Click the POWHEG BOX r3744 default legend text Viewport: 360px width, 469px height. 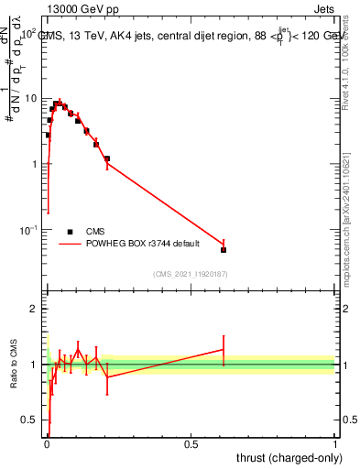[139, 245]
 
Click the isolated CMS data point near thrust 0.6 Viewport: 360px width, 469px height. [224, 249]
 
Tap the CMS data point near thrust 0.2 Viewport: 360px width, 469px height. [107, 158]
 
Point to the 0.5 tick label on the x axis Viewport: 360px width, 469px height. [191, 443]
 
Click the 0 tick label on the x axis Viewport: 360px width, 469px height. [47, 443]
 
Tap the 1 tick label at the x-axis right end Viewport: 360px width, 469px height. [334, 443]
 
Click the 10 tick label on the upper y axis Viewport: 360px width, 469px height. [30, 98]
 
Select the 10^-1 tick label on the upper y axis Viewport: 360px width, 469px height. [27, 229]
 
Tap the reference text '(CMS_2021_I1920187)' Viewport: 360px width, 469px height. [191, 273]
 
